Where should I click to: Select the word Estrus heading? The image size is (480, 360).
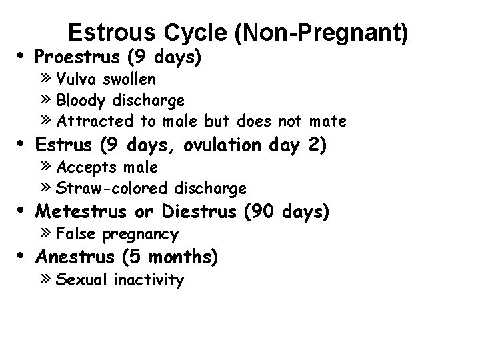pyautogui.click(x=62, y=145)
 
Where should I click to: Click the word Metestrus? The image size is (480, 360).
pyautogui.click(x=81, y=211)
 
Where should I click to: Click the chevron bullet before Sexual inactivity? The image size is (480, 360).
pyautogui.click(x=47, y=279)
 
